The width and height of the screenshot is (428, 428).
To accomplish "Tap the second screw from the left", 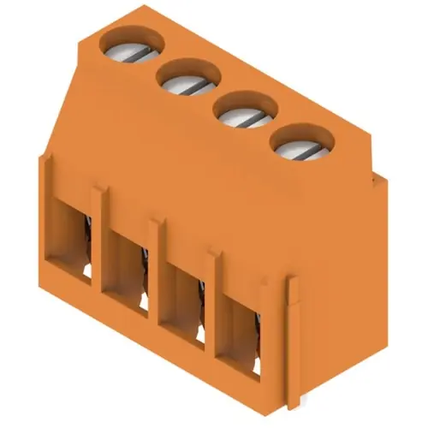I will [183, 80].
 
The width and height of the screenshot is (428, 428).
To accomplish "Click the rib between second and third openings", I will [157, 274].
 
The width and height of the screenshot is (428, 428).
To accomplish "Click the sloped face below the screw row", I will [171, 154].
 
